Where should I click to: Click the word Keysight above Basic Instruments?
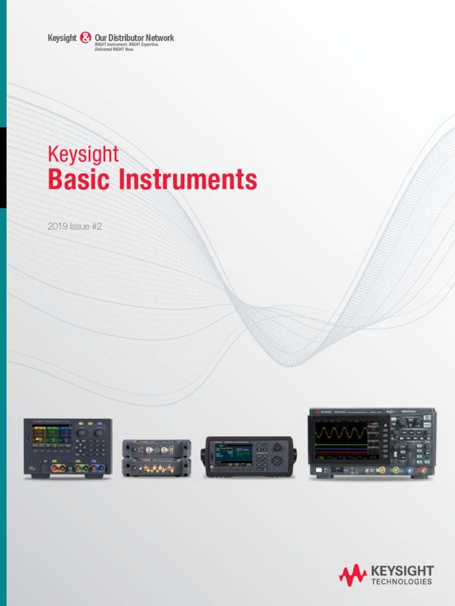coord(83,154)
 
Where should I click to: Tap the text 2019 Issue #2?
coord(71,226)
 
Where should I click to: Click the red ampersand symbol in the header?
coord(85,38)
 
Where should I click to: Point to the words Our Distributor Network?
coord(134,38)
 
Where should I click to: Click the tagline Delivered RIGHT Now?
coord(115,50)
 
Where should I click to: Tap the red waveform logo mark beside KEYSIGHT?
coord(353,573)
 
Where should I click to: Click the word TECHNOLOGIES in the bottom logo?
coord(402,582)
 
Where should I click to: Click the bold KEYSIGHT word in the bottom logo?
coord(402,570)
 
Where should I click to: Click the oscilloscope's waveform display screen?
coord(341,439)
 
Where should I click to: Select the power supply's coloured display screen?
coord(52,436)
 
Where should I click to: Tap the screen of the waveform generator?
coord(233,454)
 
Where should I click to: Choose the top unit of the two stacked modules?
coord(156,449)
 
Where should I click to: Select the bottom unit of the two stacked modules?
coord(156,468)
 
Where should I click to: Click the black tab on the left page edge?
coord(3,167)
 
